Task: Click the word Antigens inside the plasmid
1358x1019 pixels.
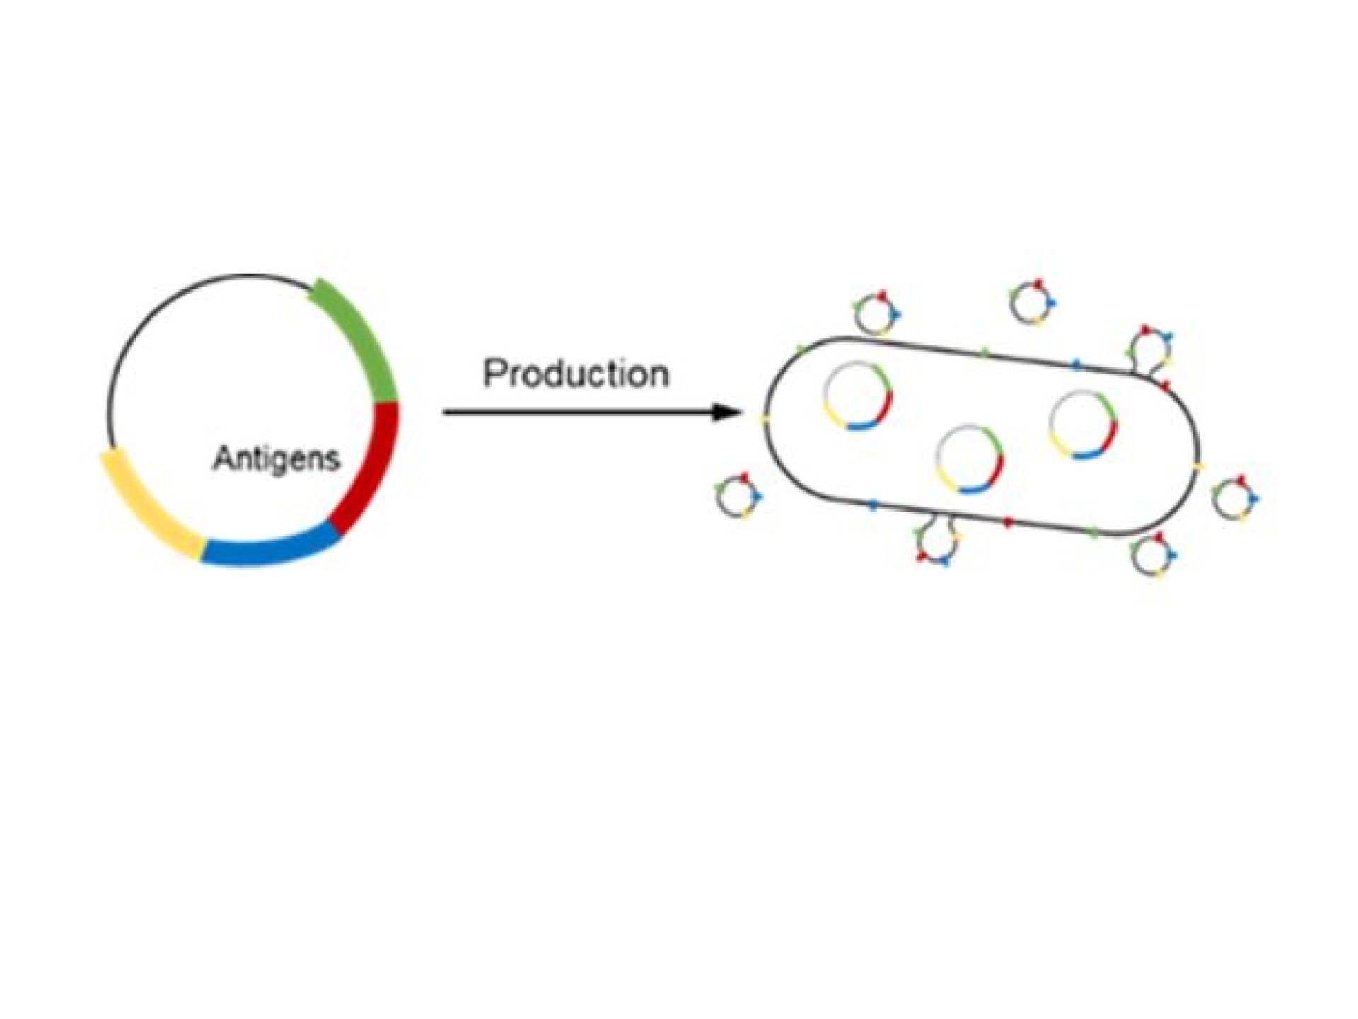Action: click(276, 459)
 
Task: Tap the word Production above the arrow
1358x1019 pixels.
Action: click(576, 373)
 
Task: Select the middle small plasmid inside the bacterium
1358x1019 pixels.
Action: click(969, 458)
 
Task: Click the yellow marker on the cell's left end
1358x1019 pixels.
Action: click(765, 419)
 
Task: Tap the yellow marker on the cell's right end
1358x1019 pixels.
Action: click(1198, 466)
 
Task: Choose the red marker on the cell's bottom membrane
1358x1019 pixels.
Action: click(1009, 522)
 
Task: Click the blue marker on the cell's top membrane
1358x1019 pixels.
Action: click(1076, 364)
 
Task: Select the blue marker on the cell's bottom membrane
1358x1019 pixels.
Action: click(873, 504)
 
